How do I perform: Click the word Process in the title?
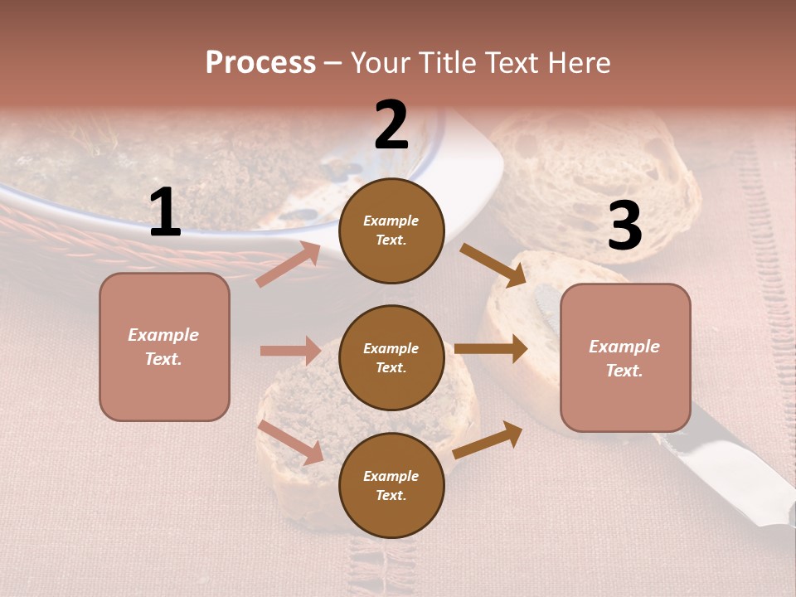[x=260, y=62]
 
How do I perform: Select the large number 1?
[x=165, y=213]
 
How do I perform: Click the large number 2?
[x=391, y=125]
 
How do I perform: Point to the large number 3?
[x=624, y=226]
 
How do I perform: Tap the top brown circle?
[x=391, y=231]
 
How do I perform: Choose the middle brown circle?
[x=391, y=357]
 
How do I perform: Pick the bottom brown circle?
[x=391, y=485]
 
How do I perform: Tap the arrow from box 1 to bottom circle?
[x=290, y=442]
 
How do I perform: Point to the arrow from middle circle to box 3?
[x=490, y=349]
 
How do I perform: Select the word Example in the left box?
[x=163, y=335]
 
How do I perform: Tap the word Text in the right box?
[x=624, y=371]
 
